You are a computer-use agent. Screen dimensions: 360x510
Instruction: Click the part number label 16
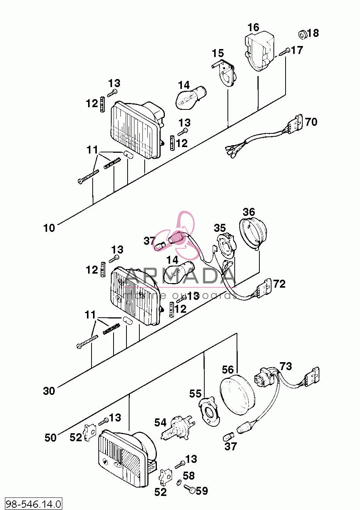[253, 27]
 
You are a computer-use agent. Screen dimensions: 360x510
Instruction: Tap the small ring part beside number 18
[302, 34]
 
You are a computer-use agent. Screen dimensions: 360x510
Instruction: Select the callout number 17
[297, 50]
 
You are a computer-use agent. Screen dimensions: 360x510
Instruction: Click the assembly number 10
[49, 228]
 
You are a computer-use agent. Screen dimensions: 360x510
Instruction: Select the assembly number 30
[49, 391]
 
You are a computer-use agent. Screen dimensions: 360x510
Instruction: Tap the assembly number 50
[50, 437]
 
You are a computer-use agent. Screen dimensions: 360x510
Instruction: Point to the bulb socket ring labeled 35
[226, 245]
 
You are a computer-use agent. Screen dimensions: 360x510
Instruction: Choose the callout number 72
[279, 284]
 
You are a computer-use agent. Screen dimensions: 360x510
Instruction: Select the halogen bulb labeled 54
[178, 428]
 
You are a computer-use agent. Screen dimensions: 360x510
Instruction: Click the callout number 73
[286, 366]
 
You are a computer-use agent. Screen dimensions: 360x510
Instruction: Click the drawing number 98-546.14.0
[33, 504]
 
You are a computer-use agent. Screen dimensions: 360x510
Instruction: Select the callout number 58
[189, 476]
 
